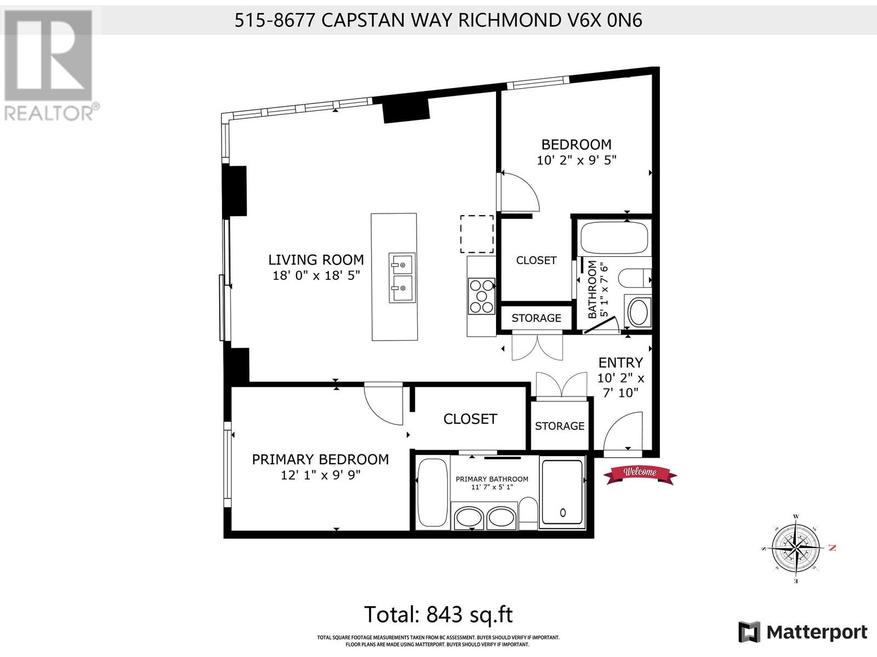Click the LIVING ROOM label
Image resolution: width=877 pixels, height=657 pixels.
pyautogui.click(x=316, y=260)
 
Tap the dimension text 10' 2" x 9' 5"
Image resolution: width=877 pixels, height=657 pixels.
pyautogui.click(x=576, y=160)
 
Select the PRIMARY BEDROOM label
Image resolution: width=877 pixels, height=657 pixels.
pyautogui.click(x=320, y=459)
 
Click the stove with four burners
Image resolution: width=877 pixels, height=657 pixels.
pyautogui.click(x=481, y=296)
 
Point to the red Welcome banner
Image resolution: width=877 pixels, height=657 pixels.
pyautogui.click(x=640, y=473)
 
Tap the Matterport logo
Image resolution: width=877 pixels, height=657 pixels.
pyautogui.click(x=803, y=632)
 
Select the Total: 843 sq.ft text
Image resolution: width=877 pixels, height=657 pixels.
pyautogui.click(x=438, y=614)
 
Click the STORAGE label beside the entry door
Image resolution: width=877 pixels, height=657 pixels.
pyautogui.click(x=560, y=426)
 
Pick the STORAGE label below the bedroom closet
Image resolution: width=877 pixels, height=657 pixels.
pyautogui.click(x=536, y=318)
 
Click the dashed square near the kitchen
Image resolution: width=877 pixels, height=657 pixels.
pyautogui.click(x=476, y=234)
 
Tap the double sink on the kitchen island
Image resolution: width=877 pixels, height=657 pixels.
pyautogui.click(x=402, y=278)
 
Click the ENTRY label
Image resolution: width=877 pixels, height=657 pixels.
pyautogui.click(x=620, y=362)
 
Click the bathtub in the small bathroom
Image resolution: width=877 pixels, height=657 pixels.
pyautogui.click(x=614, y=237)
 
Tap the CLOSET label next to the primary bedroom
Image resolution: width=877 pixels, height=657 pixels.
pyautogui.click(x=470, y=419)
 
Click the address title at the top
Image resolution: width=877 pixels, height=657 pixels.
pyautogui.click(x=438, y=20)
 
